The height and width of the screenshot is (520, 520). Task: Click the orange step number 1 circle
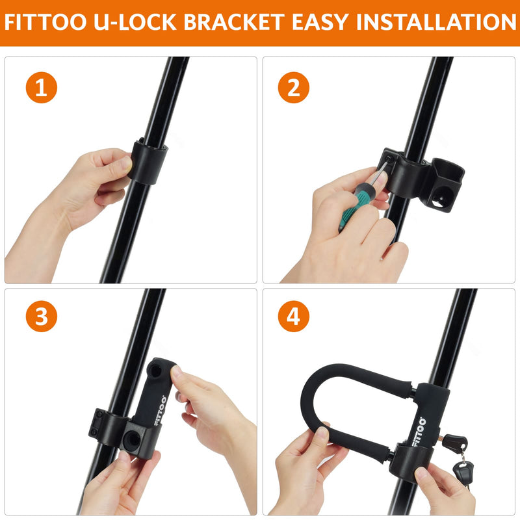pos(42,88)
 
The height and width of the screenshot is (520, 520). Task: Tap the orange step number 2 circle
pos(294,88)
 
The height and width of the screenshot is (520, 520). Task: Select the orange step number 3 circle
pos(42,317)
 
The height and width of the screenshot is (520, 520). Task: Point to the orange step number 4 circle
pos(294,317)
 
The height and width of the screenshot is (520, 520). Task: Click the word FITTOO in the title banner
pos(45,22)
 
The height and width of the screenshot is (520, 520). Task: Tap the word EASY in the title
pos(320,22)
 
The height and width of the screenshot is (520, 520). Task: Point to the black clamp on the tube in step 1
pos(148,161)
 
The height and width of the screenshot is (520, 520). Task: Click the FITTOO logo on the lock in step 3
pos(159,410)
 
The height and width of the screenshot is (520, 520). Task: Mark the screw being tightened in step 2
pos(389,159)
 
